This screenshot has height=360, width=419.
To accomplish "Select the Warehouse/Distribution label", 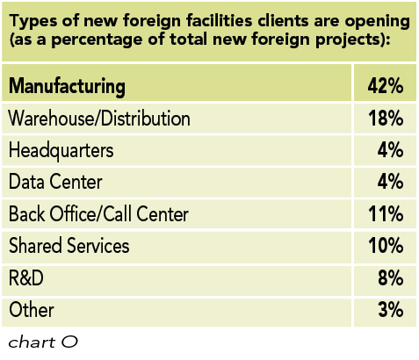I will pos(99,118).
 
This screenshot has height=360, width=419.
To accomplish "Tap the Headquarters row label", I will pos(61,149).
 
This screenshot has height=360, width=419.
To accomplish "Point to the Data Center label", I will pos(54,182).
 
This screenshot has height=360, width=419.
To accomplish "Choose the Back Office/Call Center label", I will pos(98,213).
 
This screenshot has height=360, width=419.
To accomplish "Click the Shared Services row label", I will pos(69,246).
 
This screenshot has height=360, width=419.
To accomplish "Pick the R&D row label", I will pos(27,277).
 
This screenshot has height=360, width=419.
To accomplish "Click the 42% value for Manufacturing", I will pos(385,86).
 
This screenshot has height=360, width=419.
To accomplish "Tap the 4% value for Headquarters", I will pos(390,149).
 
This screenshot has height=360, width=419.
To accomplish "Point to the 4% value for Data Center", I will pos(390,182).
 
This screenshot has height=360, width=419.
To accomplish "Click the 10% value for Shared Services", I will pos(385,246).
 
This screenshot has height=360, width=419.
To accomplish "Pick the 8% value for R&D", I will pos(390,277).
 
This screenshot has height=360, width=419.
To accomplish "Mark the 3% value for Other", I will pos(390,310).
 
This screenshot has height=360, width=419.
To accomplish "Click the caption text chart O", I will pos(43,342).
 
